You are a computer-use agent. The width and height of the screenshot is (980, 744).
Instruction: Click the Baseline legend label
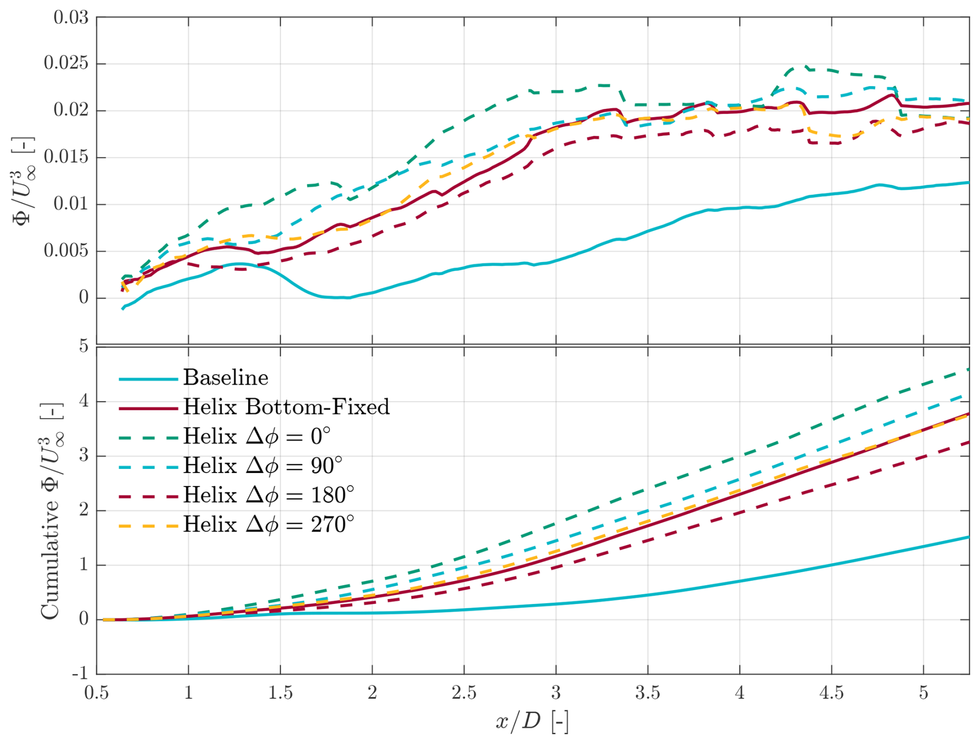point(225,378)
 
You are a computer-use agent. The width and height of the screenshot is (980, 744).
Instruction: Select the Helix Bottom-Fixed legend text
point(286,407)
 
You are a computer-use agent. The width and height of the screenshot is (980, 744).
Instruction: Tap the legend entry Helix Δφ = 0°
point(256,437)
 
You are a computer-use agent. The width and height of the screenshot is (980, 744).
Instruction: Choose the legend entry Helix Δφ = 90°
point(263,466)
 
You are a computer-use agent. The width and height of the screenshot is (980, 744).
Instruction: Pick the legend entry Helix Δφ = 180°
point(268,496)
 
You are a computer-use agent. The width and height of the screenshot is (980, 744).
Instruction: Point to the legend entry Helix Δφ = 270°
point(268,525)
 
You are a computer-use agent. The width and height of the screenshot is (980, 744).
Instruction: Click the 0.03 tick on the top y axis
point(71,17)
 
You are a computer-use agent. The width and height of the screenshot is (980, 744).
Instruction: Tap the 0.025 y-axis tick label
point(66,64)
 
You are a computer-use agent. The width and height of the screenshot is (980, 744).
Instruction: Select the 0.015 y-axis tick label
point(66,158)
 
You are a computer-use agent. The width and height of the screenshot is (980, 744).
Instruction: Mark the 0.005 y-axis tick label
point(66,251)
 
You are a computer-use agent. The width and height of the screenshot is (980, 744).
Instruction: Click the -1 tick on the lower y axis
point(80,674)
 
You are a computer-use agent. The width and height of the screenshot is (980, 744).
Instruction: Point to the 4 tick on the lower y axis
point(83,402)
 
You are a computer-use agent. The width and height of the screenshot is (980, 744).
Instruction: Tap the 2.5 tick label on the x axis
point(464,693)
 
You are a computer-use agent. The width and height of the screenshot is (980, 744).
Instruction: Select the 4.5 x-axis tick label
point(831,693)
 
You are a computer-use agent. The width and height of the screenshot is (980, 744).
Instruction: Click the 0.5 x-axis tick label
point(97,693)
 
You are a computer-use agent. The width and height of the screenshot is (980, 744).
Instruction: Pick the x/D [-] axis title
point(532,722)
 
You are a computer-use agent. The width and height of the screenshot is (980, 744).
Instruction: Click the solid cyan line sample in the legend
point(149,379)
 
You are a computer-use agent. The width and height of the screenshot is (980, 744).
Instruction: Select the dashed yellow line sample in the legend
point(149,526)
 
